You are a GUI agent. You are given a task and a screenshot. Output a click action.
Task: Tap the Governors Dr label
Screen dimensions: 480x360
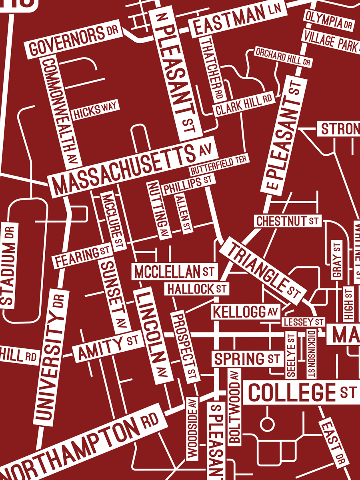(72, 42)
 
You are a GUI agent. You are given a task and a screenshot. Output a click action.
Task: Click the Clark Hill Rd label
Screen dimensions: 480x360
(244, 104)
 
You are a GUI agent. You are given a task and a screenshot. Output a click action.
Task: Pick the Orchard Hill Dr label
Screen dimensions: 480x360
(283, 57)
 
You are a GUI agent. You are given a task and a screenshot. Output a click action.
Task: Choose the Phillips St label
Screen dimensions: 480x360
(187, 184)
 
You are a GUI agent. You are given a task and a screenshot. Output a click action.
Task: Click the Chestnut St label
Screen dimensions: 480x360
(288, 220)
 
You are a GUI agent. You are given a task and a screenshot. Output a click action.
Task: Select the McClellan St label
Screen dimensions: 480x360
(174, 272)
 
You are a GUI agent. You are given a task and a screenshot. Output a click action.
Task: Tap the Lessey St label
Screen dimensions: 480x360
(303, 322)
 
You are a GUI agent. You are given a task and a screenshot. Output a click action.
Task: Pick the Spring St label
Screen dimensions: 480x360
(246, 358)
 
